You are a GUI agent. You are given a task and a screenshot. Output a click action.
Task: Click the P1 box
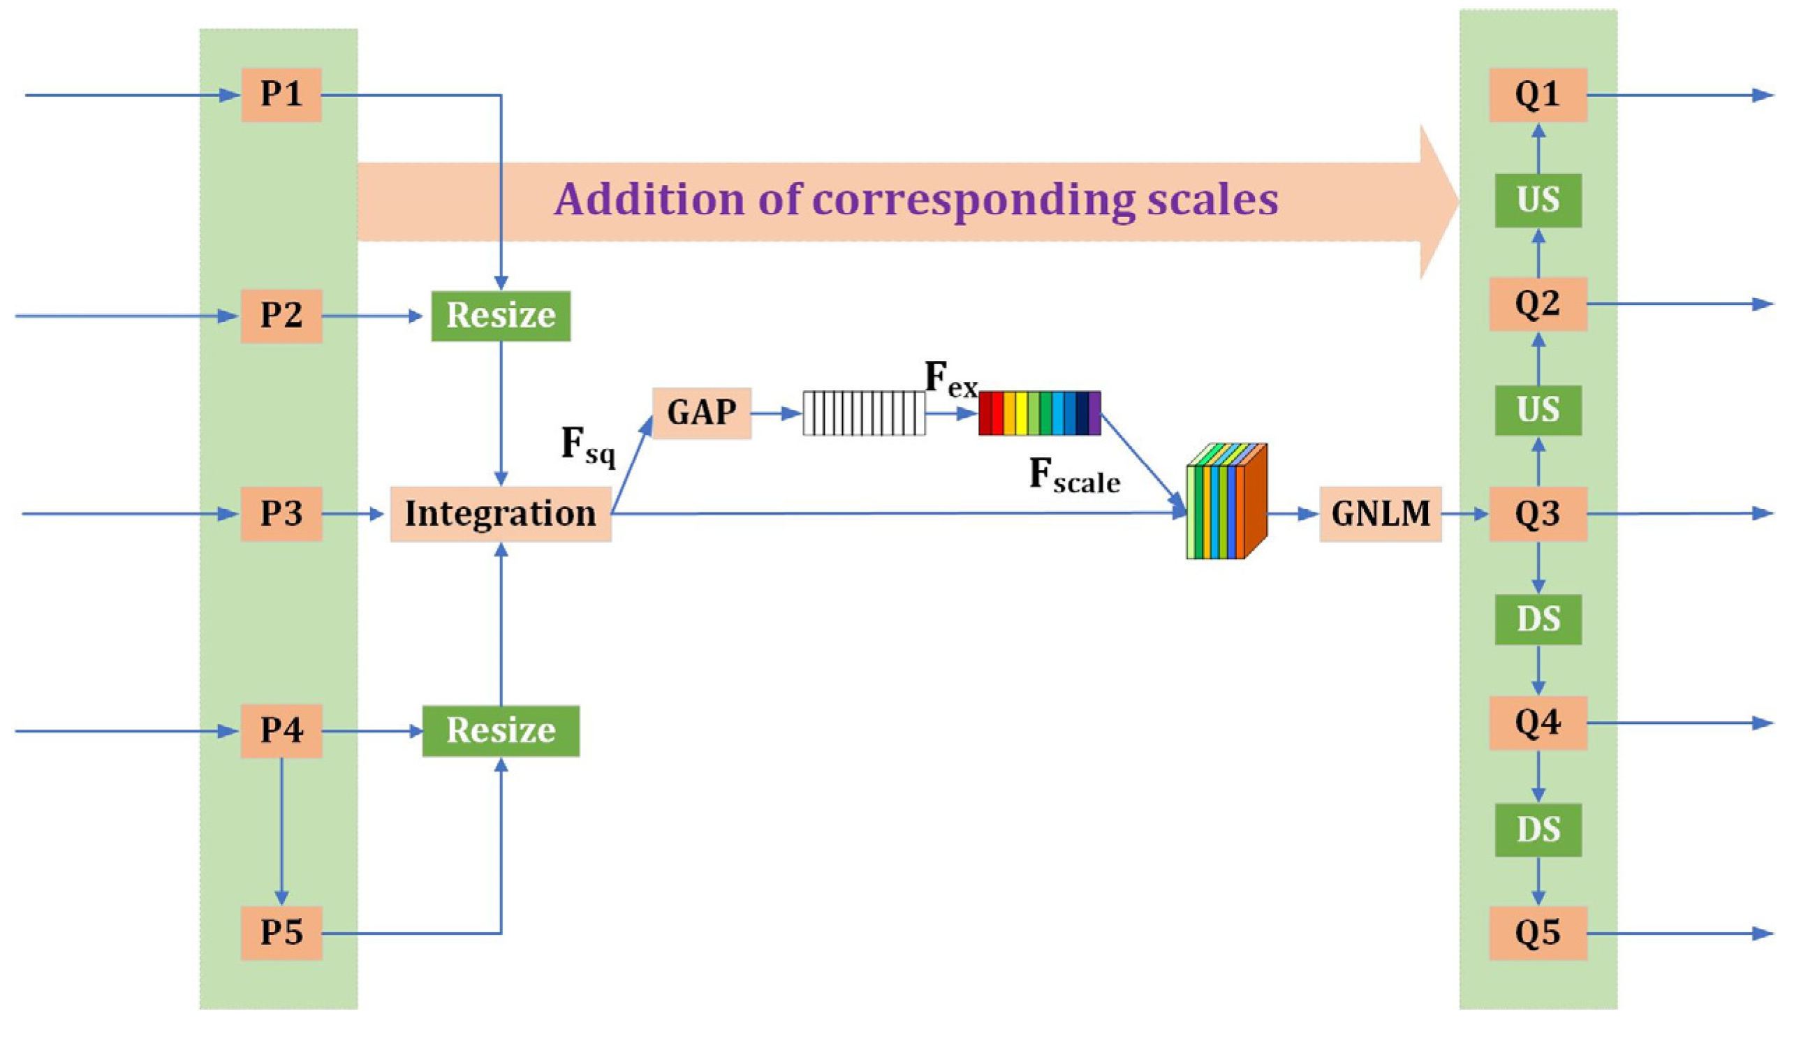click(281, 94)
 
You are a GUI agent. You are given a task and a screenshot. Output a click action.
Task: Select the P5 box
click(281, 932)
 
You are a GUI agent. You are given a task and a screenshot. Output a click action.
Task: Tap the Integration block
click(501, 513)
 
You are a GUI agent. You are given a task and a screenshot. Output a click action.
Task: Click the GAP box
click(702, 413)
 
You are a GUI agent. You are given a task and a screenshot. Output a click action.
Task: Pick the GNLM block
click(1380, 513)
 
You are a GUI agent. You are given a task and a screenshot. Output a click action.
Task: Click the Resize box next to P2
click(501, 316)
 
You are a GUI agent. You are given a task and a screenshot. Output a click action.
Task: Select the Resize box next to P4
click(501, 731)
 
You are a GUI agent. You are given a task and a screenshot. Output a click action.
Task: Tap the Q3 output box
click(1538, 513)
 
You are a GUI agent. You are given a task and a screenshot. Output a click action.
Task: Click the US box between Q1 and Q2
click(1538, 200)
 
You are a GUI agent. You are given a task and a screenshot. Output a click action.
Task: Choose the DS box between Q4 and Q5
click(1538, 829)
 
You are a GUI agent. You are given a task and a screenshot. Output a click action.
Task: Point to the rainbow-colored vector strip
click(1039, 413)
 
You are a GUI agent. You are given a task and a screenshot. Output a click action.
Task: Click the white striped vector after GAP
click(864, 413)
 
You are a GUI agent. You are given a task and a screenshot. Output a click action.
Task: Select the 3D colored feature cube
click(1226, 503)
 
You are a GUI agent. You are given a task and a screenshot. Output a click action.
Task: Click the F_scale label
click(1074, 476)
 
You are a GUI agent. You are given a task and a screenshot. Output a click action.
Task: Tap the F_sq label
click(588, 446)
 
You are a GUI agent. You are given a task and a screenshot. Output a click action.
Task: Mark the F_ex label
click(950, 379)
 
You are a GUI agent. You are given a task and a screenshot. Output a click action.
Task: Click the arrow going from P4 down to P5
click(281, 829)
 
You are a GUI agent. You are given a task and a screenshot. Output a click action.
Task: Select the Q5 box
click(1538, 932)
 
